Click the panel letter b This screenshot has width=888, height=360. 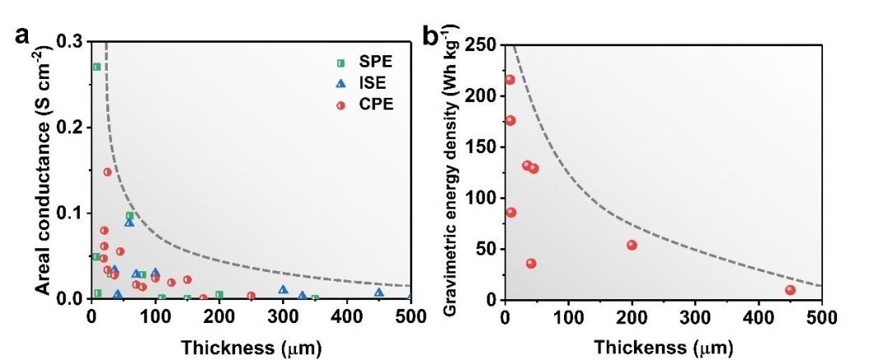[x=430, y=37]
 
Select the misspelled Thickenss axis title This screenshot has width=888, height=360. [x=663, y=348]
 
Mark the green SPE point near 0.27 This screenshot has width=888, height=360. [x=96, y=67]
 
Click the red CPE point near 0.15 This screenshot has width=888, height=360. [x=108, y=172]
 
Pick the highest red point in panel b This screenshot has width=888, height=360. [x=510, y=80]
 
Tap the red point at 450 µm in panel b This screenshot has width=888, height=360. [x=790, y=289]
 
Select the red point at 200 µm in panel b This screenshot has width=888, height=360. [x=631, y=245]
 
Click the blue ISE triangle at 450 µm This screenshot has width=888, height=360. [x=379, y=293]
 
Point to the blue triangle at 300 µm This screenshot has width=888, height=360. [x=283, y=289]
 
